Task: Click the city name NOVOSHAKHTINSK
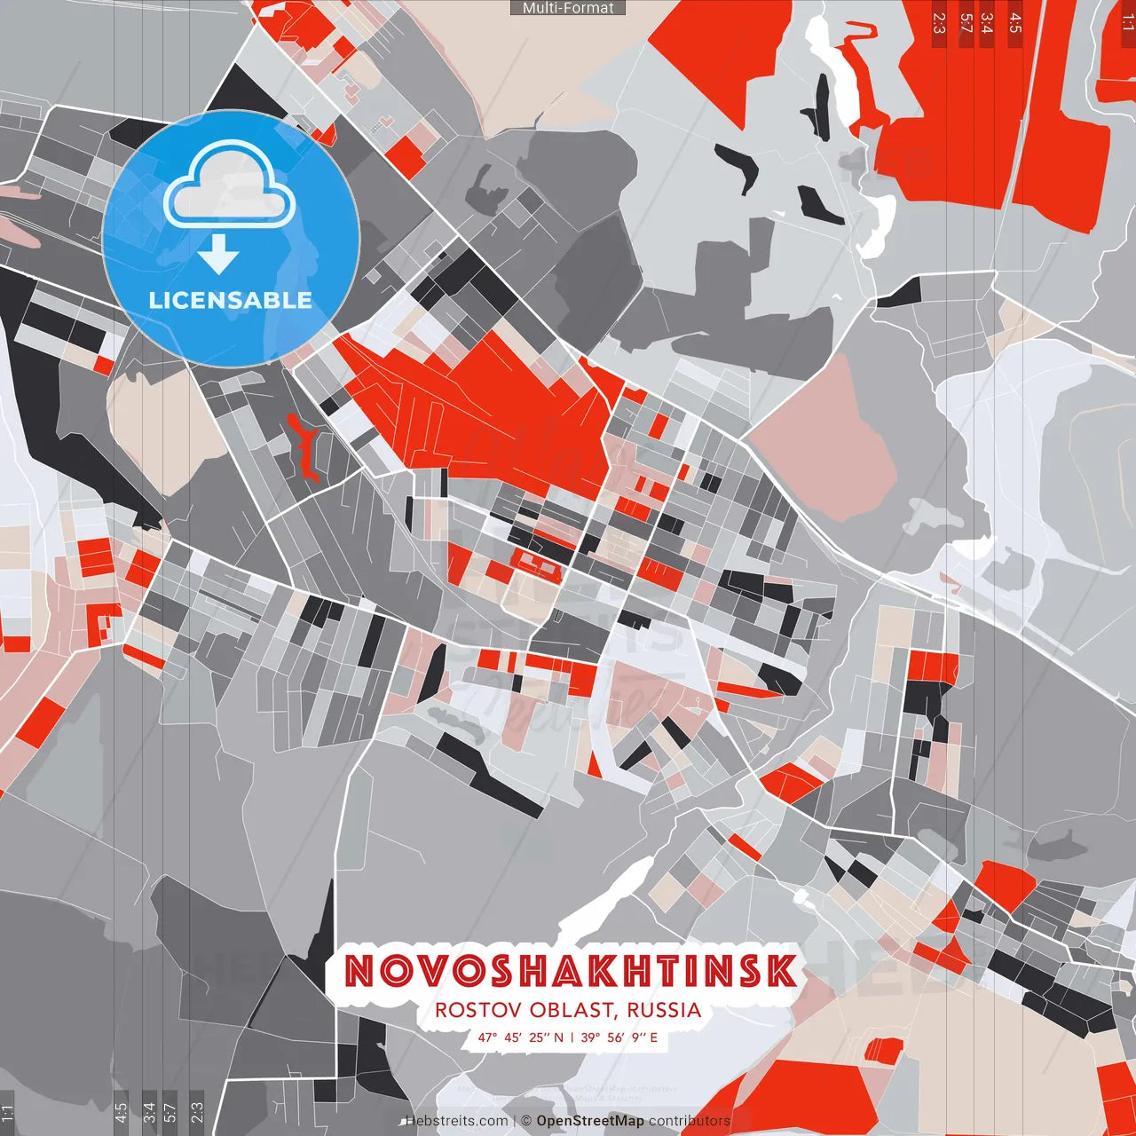pos(570,972)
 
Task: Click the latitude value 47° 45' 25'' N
pos(520,1037)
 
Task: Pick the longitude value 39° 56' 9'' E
pos(619,1037)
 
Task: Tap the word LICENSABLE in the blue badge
pos(231,300)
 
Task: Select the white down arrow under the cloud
pos(218,256)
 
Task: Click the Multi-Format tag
pos(568,8)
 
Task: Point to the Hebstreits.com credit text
pos(456,1121)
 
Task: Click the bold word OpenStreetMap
pos(590,1121)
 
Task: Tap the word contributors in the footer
pos(690,1121)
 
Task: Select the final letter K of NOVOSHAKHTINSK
pos(780,972)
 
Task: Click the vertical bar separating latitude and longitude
pos(572,1037)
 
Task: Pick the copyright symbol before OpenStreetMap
pos(526,1121)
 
